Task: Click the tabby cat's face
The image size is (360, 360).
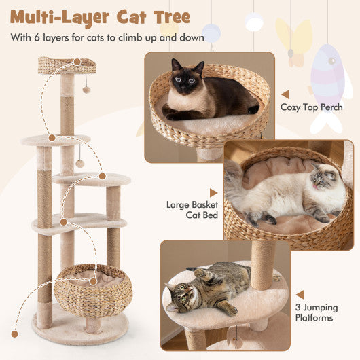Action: [179, 297]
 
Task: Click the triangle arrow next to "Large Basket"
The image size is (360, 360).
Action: [213, 193]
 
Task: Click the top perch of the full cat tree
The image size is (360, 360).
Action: [67, 65]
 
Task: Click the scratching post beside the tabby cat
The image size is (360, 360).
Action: [262, 264]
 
